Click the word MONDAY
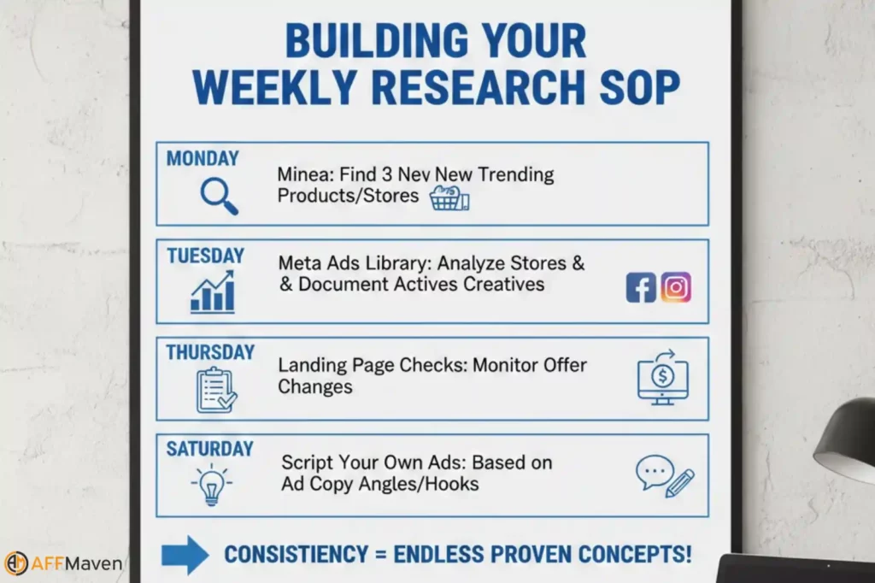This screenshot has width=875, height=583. [x=203, y=158]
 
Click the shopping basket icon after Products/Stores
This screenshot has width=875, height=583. [x=449, y=198]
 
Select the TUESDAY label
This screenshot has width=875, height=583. [x=205, y=256]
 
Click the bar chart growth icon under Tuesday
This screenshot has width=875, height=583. [x=213, y=292]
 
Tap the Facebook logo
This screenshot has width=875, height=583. [x=641, y=287]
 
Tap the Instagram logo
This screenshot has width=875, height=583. [x=676, y=287]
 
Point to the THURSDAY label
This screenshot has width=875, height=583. [x=210, y=352]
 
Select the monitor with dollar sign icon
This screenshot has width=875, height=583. [x=662, y=377]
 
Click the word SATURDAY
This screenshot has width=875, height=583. [x=209, y=449]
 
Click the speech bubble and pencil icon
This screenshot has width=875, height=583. [x=665, y=476]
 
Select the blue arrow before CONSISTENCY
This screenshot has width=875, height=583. [x=185, y=554]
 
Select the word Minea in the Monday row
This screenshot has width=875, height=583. [x=299, y=175]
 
